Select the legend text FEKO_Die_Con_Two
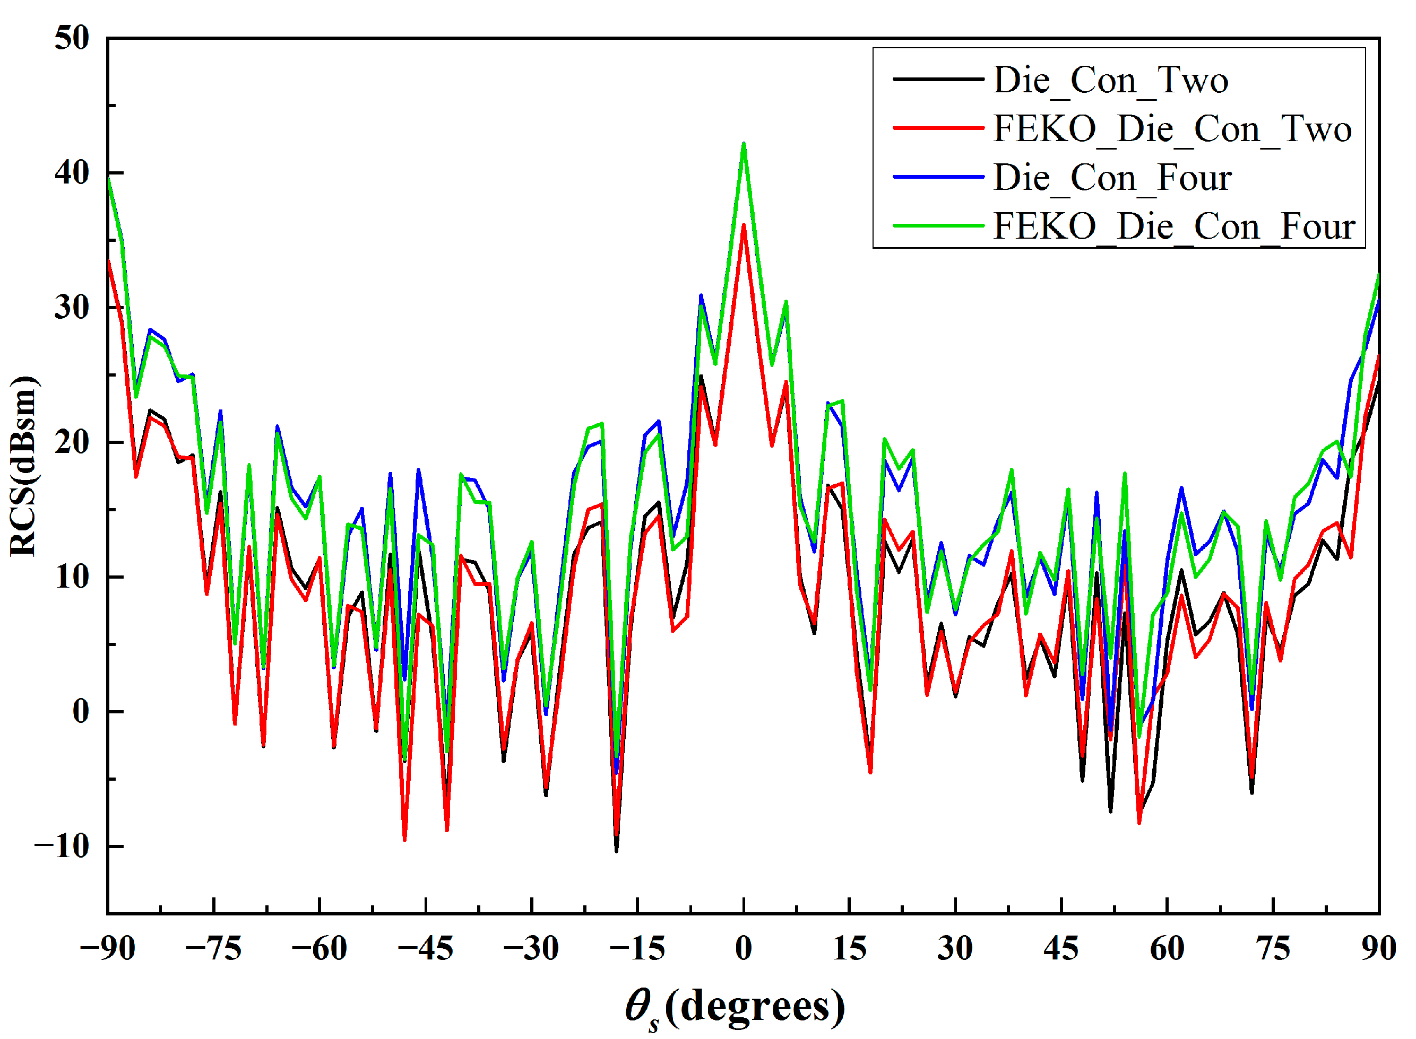coord(1171,129)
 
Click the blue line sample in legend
coord(938,177)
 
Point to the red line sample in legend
coord(938,128)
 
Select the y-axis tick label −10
coord(62,846)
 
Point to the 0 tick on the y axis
coord(81,711)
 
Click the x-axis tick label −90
coord(108,949)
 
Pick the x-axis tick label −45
coord(426,949)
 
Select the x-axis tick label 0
coord(743,949)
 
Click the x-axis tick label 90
coord(1378,949)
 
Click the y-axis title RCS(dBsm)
coord(24,466)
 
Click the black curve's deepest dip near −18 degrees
coord(616,850)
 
